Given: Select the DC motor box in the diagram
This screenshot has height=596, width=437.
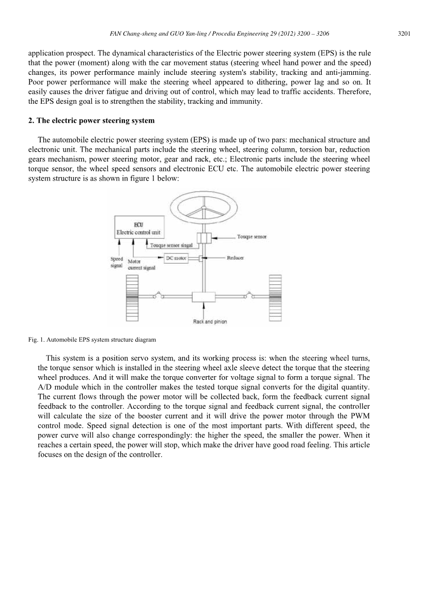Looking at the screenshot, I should coord(176,257).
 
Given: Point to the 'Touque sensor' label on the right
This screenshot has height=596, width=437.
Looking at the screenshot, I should coord(252,237).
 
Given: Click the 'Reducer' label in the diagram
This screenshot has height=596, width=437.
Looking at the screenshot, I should coord(236,257).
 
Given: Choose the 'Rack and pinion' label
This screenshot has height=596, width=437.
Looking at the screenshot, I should coord(210,321).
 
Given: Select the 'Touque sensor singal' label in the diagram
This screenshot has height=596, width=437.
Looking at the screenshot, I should coord(171,246).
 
